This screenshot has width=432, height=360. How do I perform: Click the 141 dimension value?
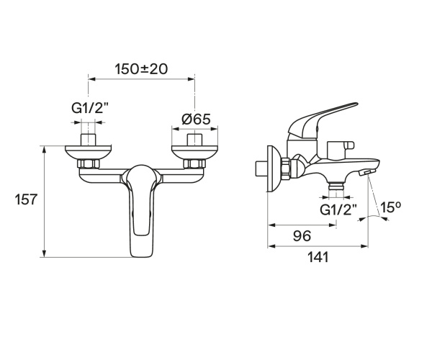click(x=318, y=257)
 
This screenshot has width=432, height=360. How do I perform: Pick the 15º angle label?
click(x=390, y=207)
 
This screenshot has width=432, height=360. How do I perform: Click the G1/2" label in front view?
click(x=89, y=109)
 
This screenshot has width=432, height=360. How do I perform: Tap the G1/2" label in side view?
click(x=338, y=210)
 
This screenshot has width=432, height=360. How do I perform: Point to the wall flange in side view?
click(x=271, y=169)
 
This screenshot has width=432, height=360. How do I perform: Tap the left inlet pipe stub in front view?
click(x=89, y=139)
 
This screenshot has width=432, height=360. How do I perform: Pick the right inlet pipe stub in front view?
click(x=194, y=139)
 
